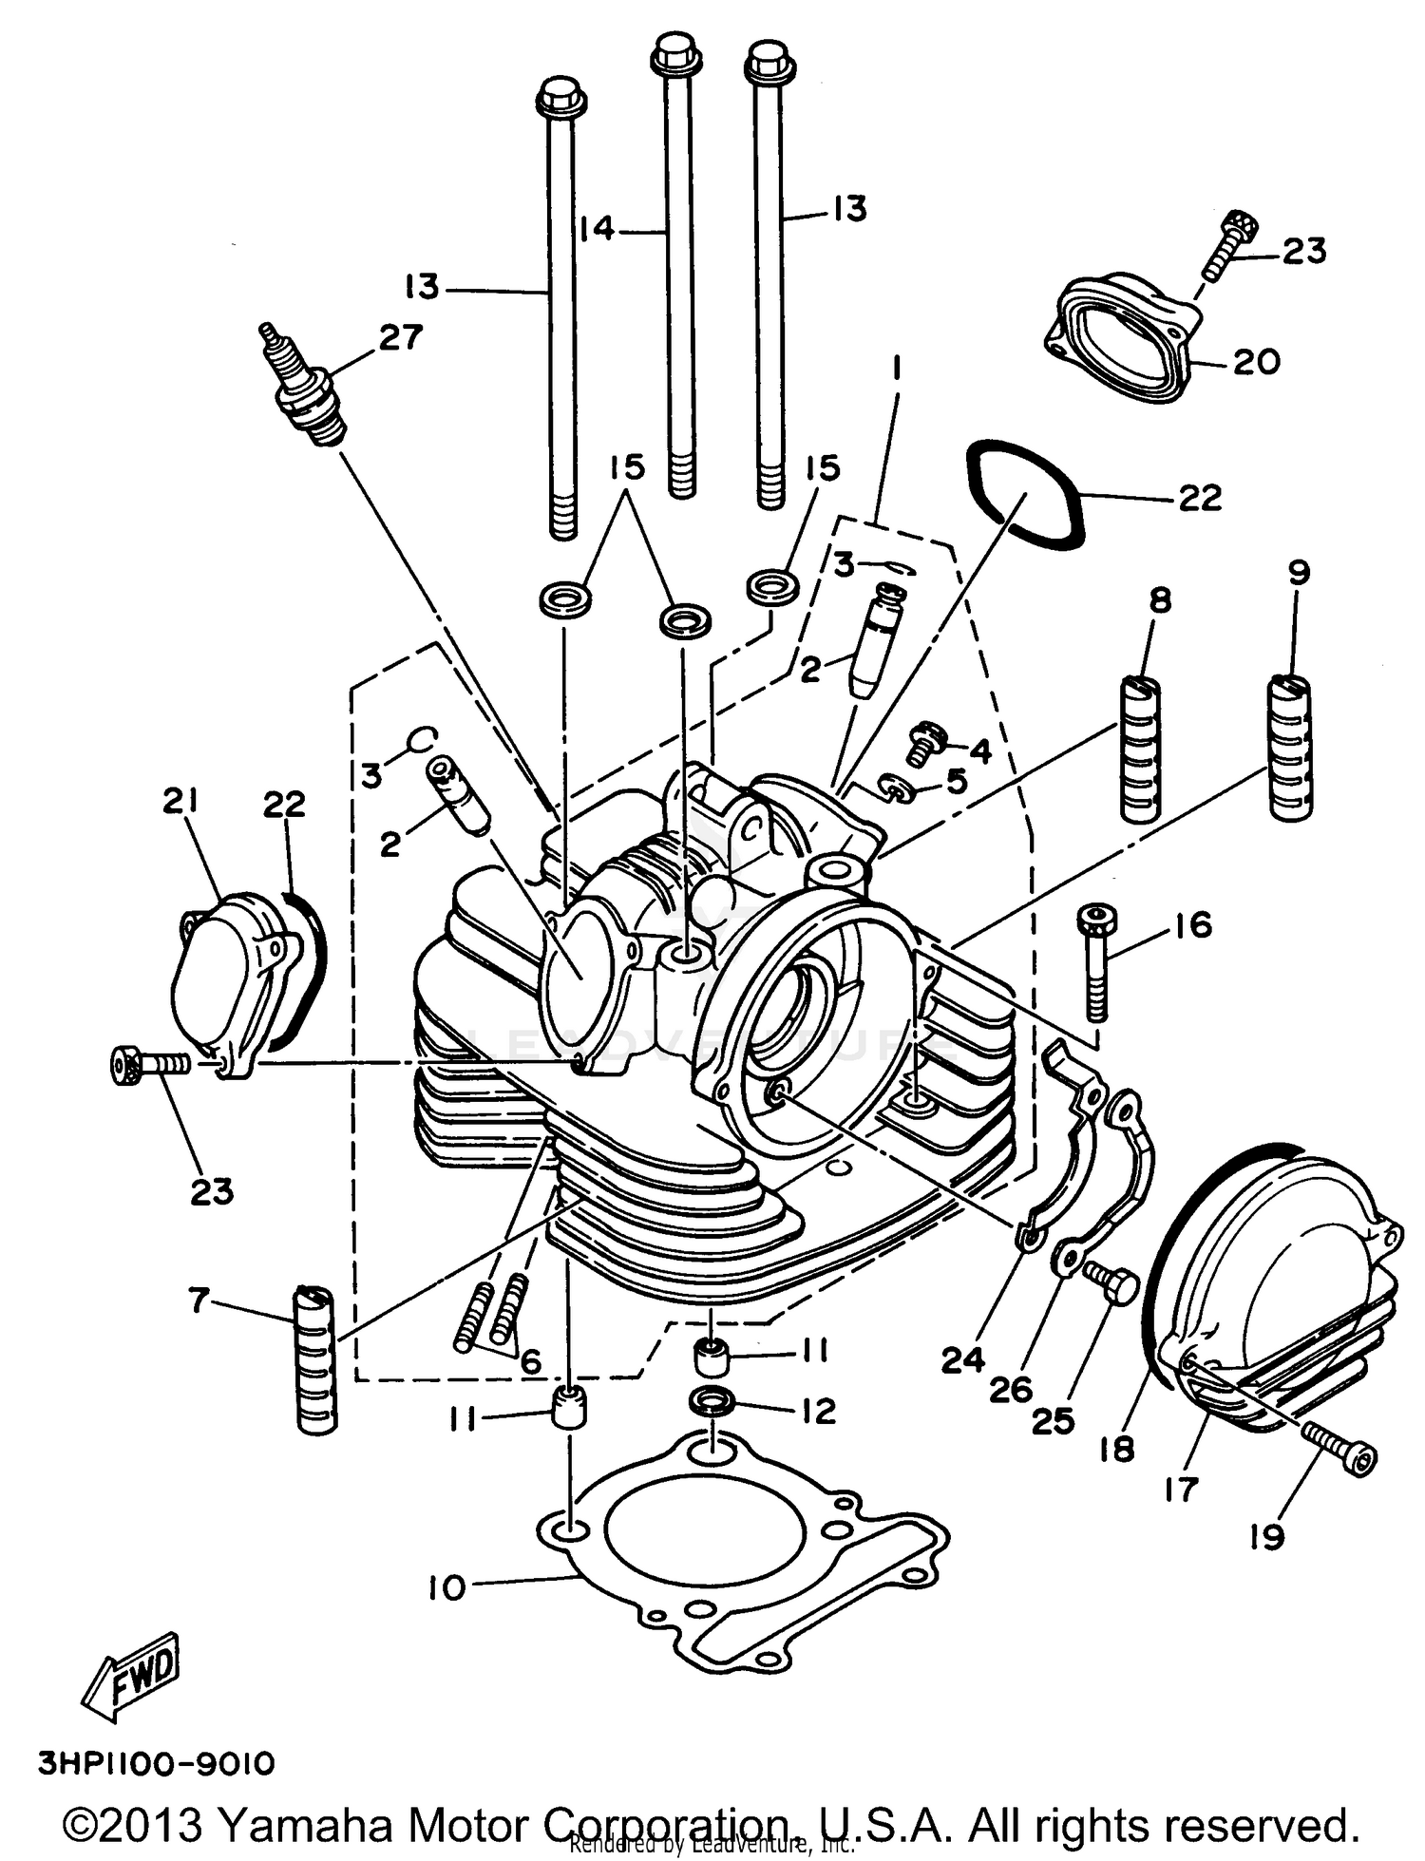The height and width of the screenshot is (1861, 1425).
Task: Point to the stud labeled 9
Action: (1290, 746)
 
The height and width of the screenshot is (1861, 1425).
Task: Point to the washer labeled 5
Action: (898, 787)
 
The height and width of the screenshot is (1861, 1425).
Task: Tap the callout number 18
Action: (1117, 1449)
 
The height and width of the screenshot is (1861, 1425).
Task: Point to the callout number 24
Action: (962, 1361)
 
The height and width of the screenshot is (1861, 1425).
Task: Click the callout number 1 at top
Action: (894, 367)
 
